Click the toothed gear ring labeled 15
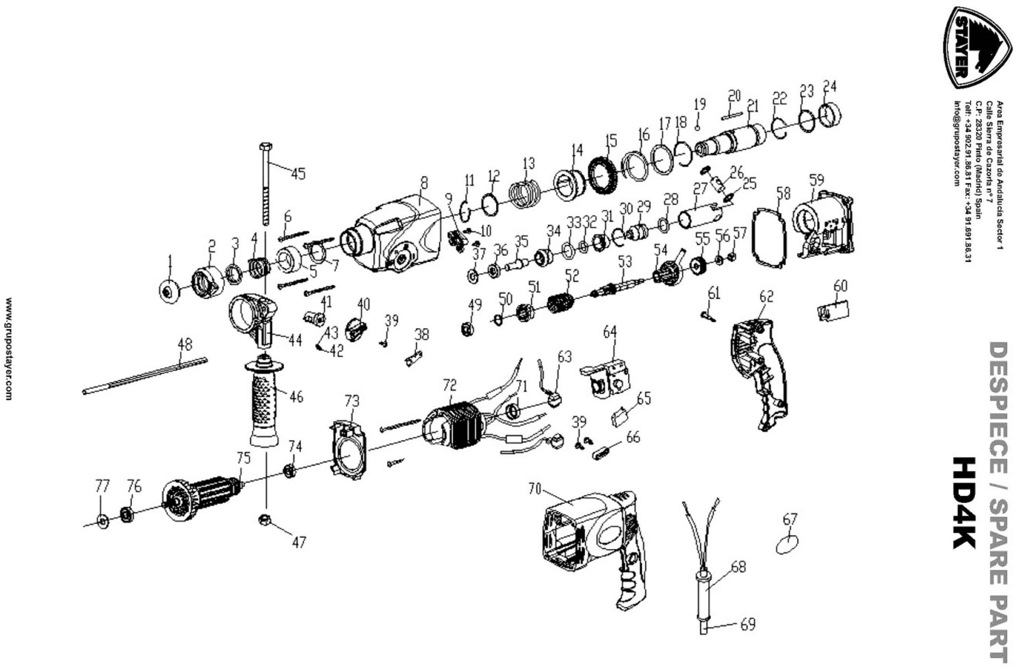pos(603,174)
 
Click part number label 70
pos(535,489)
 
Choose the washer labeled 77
pos(103,521)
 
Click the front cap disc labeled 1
pos(169,291)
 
